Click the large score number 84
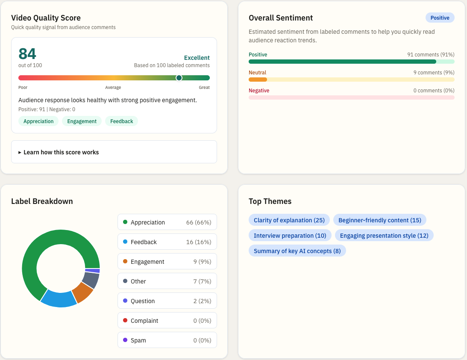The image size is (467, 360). [x=27, y=54]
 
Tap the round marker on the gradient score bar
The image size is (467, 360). [x=179, y=78]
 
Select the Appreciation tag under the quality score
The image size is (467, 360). [x=38, y=121]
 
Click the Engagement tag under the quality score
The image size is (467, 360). [x=82, y=121]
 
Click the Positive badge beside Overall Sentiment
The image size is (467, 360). [x=440, y=18]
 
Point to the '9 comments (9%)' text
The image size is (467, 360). [x=434, y=73]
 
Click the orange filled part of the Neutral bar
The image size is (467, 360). [x=258, y=80]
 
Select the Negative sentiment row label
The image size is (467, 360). [x=259, y=91]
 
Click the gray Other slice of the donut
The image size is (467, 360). [x=91, y=280]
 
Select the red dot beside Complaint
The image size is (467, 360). [x=125, y=320]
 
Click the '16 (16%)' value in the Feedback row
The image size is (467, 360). [x=199, y=242]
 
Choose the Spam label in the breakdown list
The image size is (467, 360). [x=138, y=340]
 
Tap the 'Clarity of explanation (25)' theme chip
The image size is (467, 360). [x=289, y=220]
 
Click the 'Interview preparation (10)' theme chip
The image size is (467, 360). [x=290, y=236]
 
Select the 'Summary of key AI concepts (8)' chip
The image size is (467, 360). [x=297, y=251]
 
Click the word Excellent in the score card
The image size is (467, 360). [x=197, y=58]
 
